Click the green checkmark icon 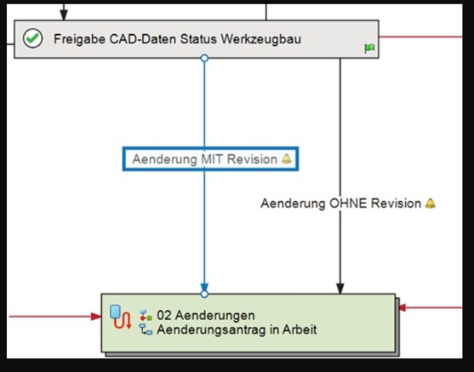(x=33, y=38)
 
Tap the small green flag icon (x=369, y=48)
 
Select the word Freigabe (x=79, y=39)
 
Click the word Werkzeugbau (x=261, y=39)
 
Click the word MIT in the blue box (x=212, y=159)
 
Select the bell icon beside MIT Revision (x=287, y=159)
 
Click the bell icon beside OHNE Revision (x=431, y=203)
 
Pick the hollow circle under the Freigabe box (x=204, y=58)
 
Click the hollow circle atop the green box (x=204, y=294)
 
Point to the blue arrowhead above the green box (x=204, y=288)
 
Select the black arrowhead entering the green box (x=340, y=289)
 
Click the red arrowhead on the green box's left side (x=96, y=317)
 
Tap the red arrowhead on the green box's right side (x=403, y=307)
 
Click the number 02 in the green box (x=164, y=316)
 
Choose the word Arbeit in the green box (x=300, y=329)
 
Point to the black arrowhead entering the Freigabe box (x=64, y=15)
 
